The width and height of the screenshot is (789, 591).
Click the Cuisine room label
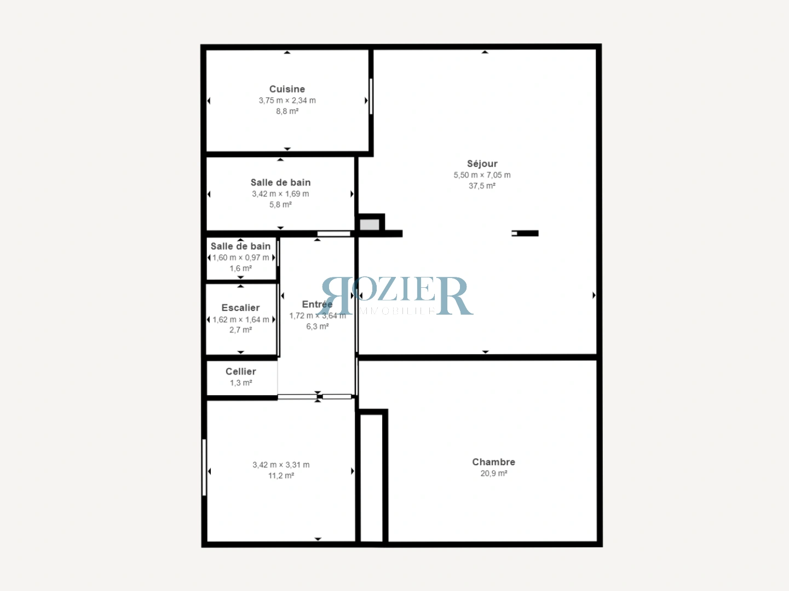287,89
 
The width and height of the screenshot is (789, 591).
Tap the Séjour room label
482,164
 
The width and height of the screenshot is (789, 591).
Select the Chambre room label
493,462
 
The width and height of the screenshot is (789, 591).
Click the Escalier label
240,308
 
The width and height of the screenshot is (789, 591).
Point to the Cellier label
240,372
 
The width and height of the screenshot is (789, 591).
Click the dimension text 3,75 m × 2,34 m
287,101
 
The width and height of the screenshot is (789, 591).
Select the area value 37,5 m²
482,186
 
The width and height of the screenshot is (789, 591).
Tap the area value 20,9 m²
493,473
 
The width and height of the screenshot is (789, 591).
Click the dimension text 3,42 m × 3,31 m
281,465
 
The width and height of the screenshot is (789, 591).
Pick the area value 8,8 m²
287,112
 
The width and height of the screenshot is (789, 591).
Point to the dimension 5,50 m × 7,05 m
482,175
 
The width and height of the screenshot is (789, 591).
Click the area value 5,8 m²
280,205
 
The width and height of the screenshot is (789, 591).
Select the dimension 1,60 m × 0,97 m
240,258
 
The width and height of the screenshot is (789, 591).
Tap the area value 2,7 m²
240,330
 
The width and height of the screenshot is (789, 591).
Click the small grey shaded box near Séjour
370,225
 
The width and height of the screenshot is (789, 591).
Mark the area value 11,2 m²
281,476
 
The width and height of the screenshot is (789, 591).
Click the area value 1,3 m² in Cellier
240,383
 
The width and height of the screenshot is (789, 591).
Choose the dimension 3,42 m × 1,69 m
280,194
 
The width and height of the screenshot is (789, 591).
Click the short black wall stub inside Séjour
527,233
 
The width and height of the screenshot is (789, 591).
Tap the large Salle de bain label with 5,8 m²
280,183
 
